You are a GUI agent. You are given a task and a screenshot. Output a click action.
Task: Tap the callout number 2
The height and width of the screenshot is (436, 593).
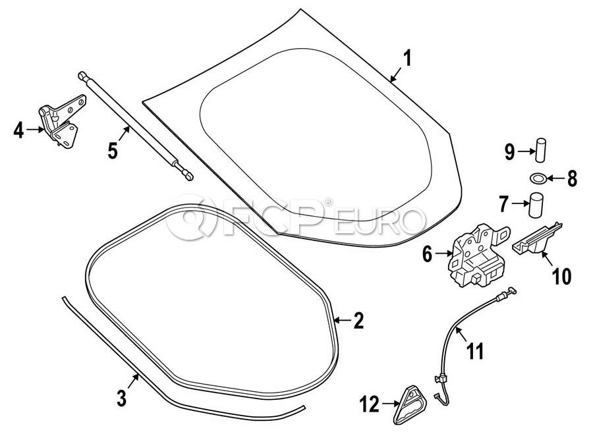(358, 321)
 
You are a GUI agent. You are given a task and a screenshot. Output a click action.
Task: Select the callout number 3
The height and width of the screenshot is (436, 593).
(121, 398)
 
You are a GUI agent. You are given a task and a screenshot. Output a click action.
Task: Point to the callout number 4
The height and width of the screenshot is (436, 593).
(18, 131)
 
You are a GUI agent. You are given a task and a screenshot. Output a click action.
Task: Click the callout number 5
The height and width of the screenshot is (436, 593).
(113, 151)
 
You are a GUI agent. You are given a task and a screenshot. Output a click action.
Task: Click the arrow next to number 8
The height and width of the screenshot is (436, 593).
(553, 178)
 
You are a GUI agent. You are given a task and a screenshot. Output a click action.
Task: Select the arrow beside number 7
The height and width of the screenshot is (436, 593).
(519, 204)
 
